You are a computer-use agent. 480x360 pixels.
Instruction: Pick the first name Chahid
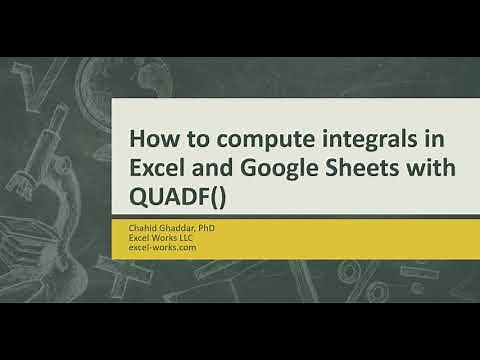click(x=143, y=229)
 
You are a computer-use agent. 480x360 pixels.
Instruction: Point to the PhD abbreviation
click(x=207, y=229)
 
